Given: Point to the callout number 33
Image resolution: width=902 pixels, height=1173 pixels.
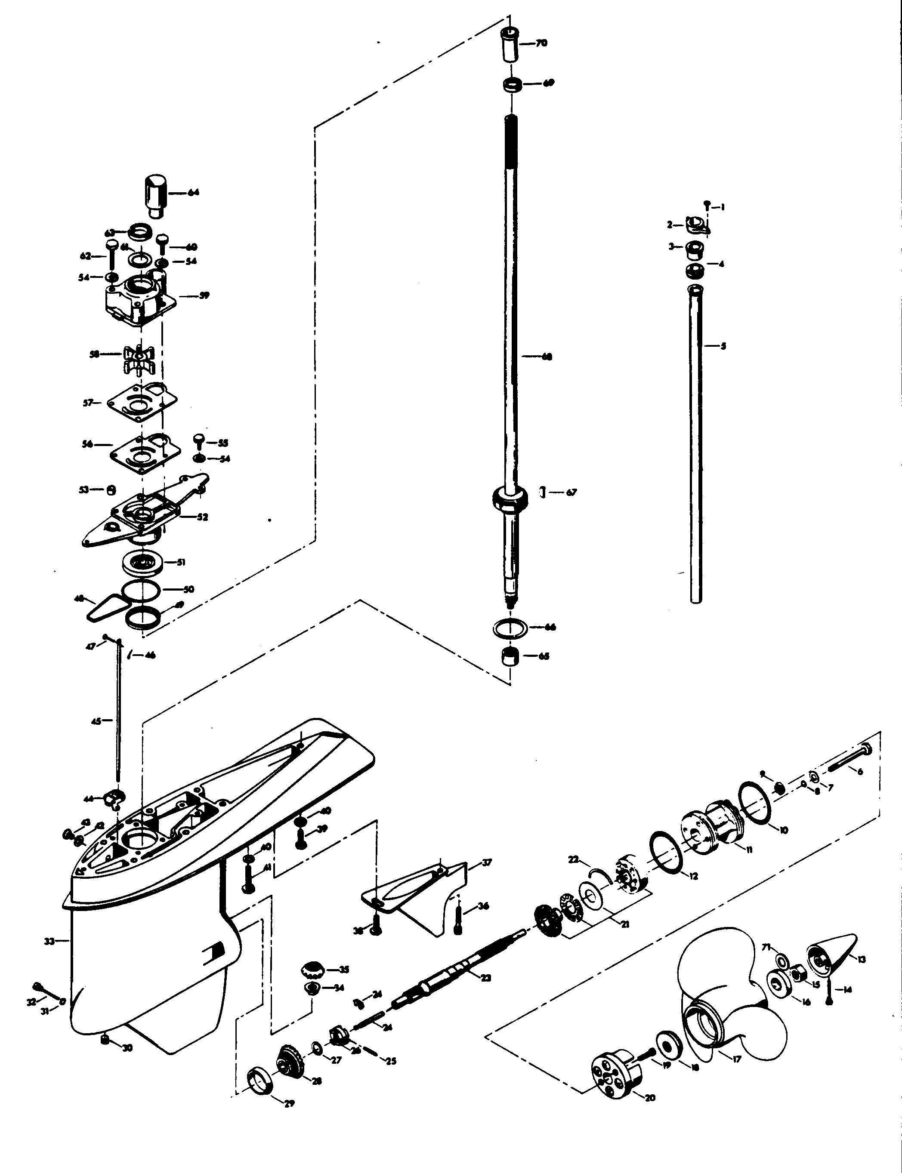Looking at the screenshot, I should point(49,941).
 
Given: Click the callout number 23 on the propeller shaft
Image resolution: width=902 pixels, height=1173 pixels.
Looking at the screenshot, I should point(485,978).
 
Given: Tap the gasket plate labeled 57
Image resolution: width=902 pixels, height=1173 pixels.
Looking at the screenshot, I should point(142,403).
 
